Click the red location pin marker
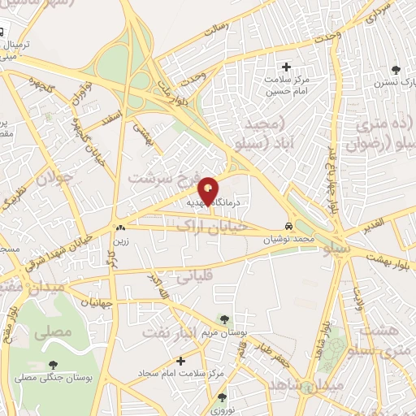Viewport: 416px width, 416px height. click(209, 191)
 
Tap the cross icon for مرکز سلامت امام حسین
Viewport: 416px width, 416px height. click(286, 67)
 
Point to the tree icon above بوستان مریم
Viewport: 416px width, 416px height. click(223, 320)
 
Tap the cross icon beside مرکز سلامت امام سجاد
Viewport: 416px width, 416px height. click(180, 360)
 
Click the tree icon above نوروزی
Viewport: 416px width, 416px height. click(223, 398)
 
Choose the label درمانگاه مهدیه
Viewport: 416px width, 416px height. click(213, 200)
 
